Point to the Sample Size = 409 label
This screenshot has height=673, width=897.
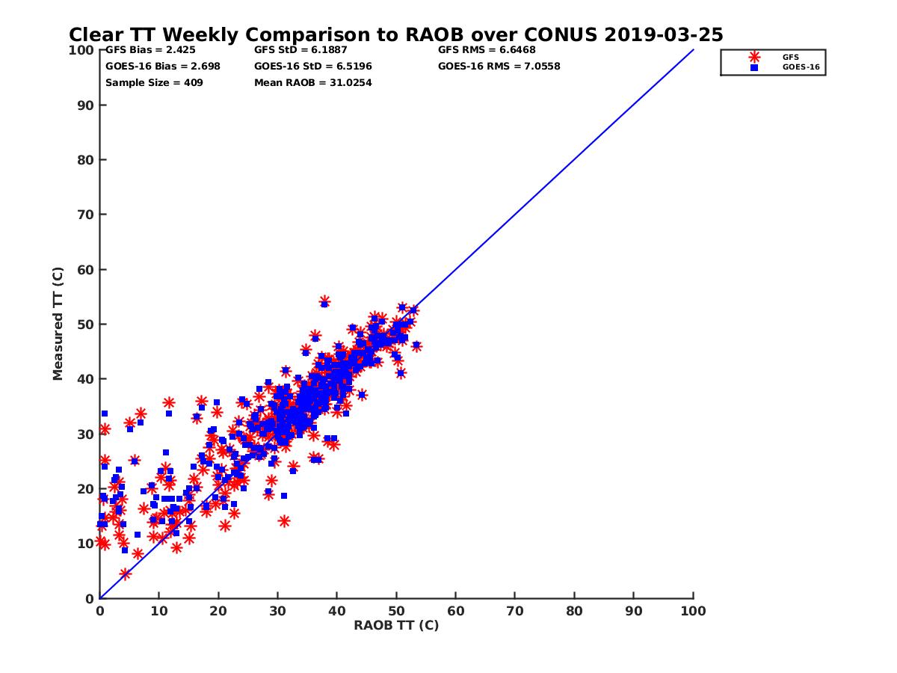point(154,82)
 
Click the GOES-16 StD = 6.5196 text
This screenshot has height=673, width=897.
point(313,66)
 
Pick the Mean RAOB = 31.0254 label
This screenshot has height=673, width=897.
point(313,82)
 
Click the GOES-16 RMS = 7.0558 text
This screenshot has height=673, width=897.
point(499,66)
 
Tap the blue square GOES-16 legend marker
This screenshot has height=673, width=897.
point(753,67)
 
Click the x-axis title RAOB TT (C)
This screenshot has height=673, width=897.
point(396,625)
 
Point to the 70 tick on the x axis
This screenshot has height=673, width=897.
point(515,610)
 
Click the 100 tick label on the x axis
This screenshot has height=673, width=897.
point(693,610)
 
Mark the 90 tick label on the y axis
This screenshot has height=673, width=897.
point(87,105)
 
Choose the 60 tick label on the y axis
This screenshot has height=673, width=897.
point(87,269)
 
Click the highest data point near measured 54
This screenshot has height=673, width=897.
point(324,301)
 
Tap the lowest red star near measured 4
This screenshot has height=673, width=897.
point(125,574)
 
